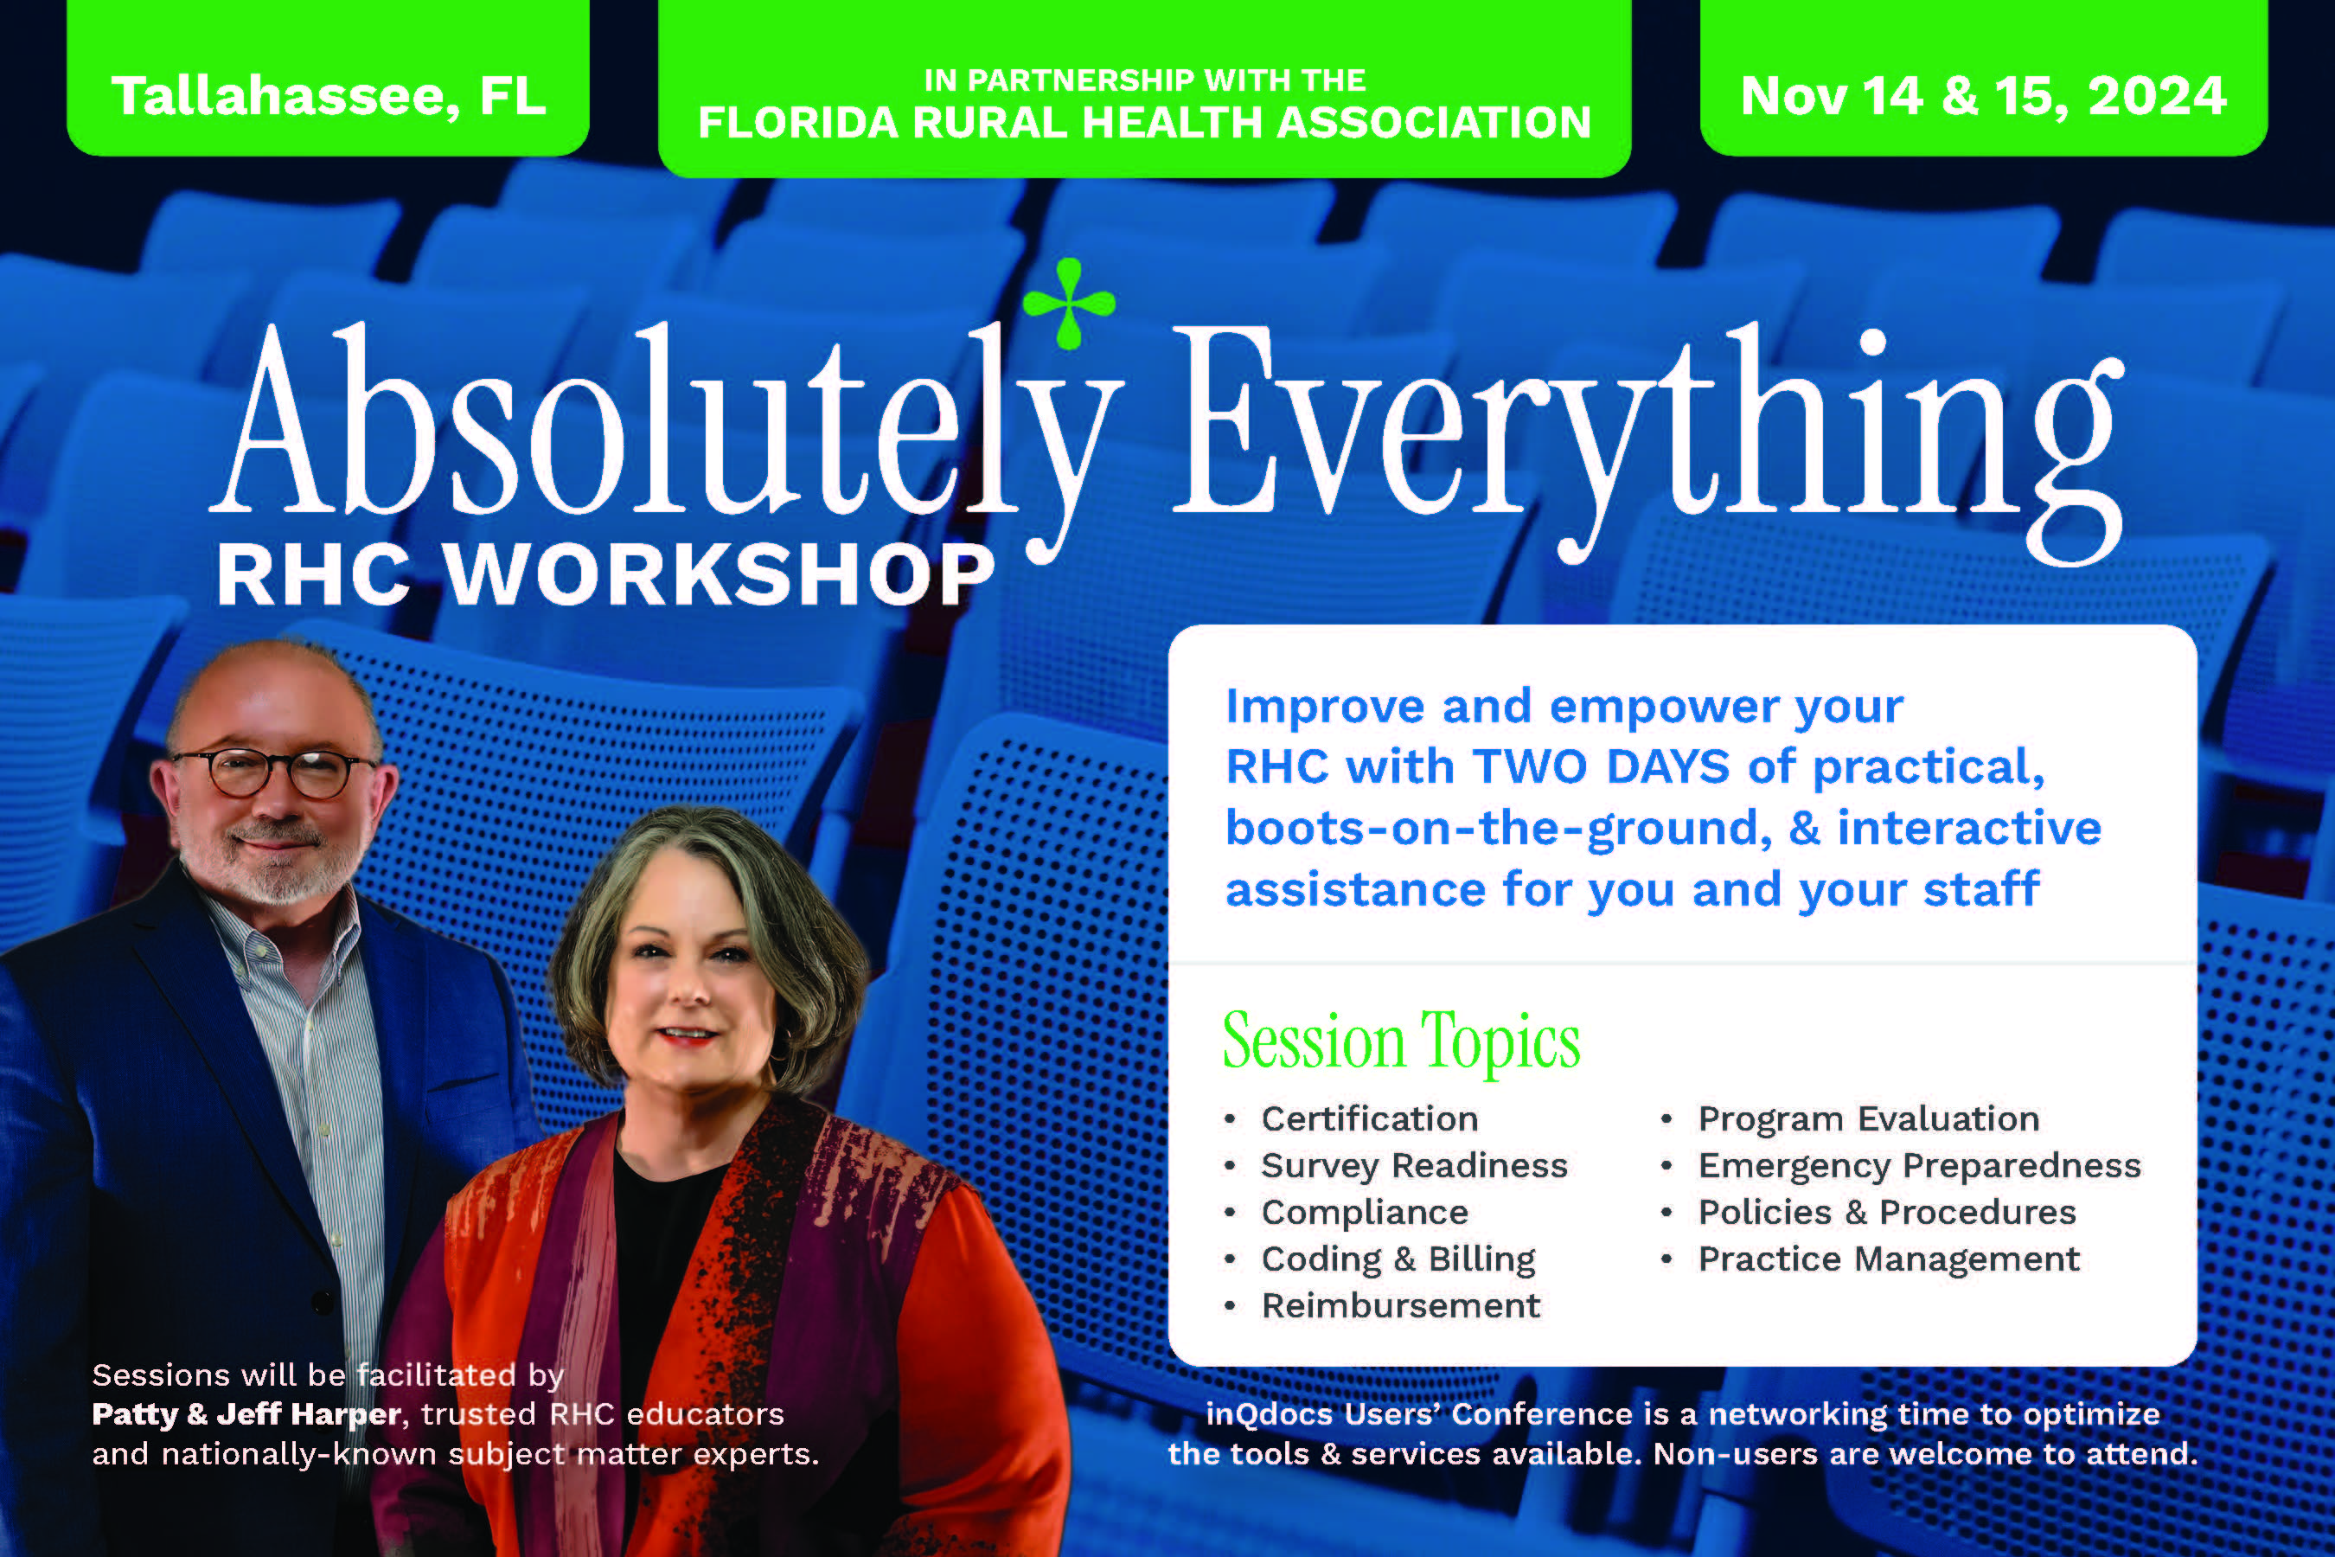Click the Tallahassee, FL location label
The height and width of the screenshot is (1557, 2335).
pos(329,97)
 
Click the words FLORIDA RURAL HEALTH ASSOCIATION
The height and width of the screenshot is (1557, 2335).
pos(1145,122)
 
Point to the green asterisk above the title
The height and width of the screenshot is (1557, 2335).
pos(1068,304)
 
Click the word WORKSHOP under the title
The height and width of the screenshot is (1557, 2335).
pos(719,575)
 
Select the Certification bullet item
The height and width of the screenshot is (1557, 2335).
pos(1369,1119)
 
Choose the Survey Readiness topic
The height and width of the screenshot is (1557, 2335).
pos(1414,1166)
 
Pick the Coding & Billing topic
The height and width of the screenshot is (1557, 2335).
pos(1398,1259)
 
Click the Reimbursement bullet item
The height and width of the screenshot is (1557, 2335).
pos(1401,1306)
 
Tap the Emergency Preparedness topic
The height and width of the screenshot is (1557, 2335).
pos(1919,1166)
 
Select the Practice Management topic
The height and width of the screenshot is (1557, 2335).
pos(1888,1259)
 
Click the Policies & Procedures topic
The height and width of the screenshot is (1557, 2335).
pos(1886,1213)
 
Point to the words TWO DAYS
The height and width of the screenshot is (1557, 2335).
pos(1602,766)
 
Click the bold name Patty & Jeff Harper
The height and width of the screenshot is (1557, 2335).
pos(246,1414)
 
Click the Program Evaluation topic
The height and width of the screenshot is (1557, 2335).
pos(1868,1119)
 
